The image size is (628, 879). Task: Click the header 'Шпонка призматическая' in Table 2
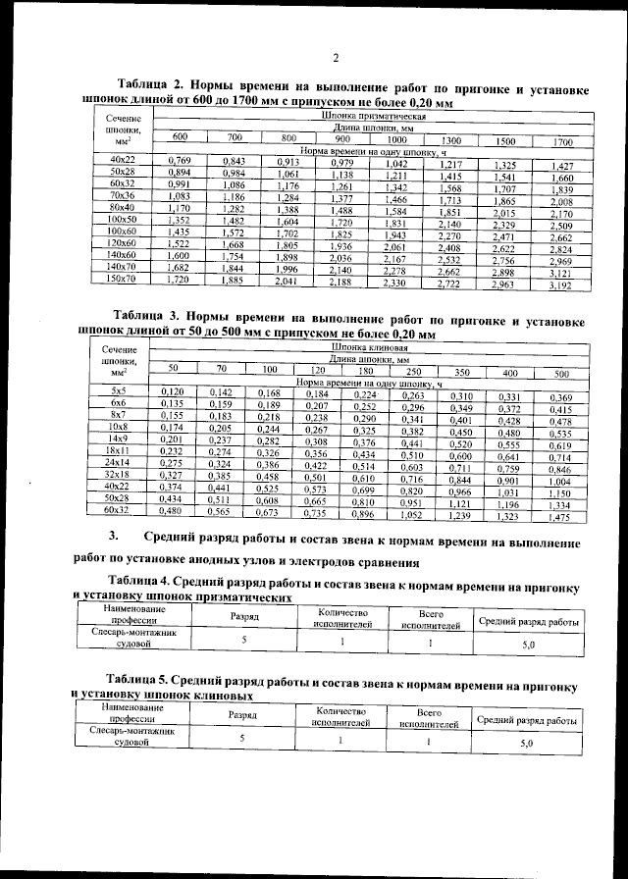click(374, 116)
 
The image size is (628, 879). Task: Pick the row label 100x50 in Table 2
click(123, 219)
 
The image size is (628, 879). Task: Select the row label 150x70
click(123, 280)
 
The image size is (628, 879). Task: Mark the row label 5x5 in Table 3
click(118, 390)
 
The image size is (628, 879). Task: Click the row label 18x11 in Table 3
click(118, 450)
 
